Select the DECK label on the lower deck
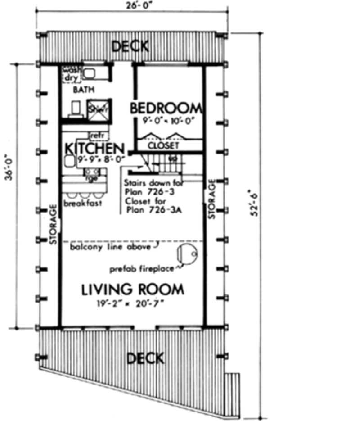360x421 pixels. coord(145,358)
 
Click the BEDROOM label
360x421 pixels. coord(166,108)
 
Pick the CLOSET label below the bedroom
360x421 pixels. coord(164,146)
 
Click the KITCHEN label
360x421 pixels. coord(94,148)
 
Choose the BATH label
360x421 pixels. coord(84,90)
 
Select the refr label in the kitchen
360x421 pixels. coord(97,135)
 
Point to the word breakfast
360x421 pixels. coord(82,203)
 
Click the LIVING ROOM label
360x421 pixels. coord(133,289)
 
